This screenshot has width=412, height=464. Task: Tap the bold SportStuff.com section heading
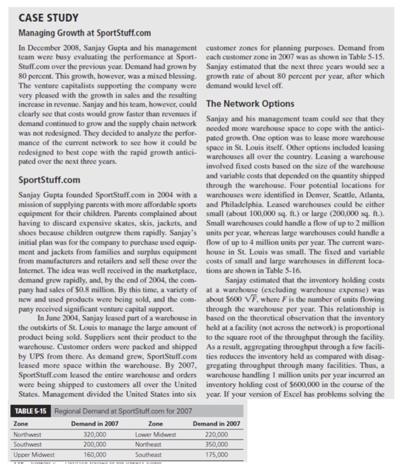46,180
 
